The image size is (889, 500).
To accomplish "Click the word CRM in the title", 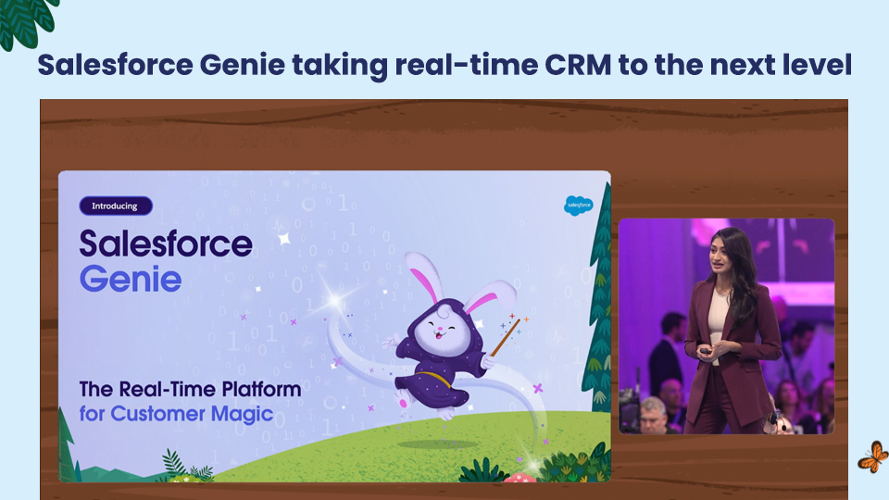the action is [x=578, y=65].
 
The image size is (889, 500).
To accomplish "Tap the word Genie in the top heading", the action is [x=242, y=65].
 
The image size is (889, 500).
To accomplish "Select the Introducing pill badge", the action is [x=116, y=206].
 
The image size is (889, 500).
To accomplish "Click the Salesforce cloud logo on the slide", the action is [x=578, y=206].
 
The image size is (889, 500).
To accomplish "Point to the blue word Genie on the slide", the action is [x=131, y=279].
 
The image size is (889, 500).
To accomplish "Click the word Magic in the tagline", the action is [x=242, y=414].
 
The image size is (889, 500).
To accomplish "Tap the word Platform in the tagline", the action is [x=261, y=390].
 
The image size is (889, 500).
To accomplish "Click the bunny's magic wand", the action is [x=506, y=337].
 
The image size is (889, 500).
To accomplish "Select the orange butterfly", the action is [x=873, y=456].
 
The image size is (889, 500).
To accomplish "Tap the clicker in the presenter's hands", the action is [x=705, y=351].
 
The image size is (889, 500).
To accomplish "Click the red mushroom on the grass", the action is [x=520, y=478].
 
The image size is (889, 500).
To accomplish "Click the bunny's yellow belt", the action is [x=433, y=378].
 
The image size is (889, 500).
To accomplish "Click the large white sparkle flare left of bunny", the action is [x=334, y=299].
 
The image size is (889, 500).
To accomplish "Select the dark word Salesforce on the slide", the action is [x=166, y=244].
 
